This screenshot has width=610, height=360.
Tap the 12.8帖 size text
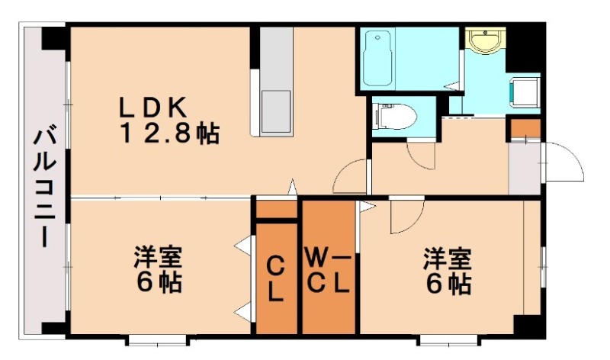(x=169, y=134)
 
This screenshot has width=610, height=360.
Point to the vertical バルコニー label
(x=43, y=188)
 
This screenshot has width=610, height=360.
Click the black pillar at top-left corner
(x=53, y=37)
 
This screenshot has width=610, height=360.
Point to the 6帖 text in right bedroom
(x=448, y=284)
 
